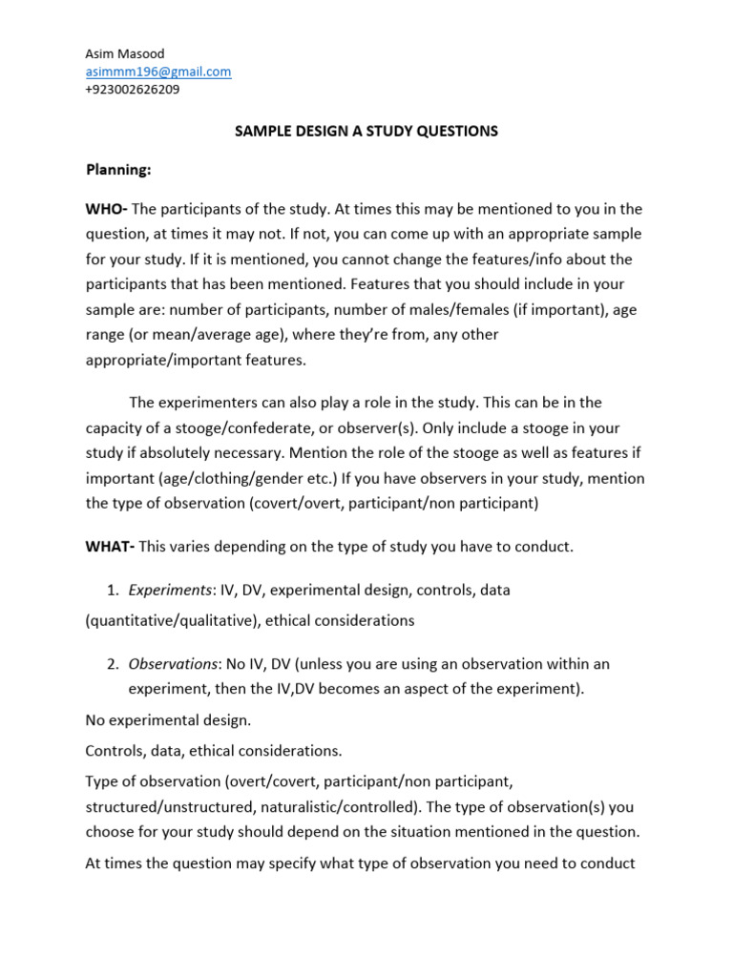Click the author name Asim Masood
(124, 53)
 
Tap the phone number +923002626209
(133, 90)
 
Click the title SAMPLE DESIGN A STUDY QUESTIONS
(366, 131)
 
